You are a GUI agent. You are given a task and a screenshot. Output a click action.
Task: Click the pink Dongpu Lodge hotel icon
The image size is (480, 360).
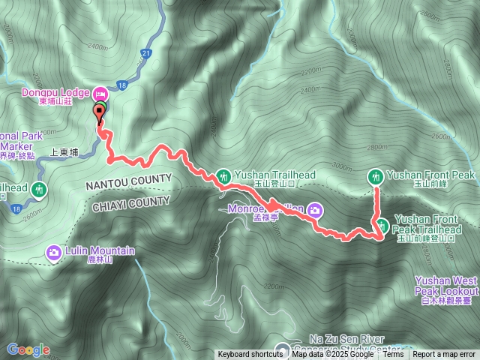[100, 94]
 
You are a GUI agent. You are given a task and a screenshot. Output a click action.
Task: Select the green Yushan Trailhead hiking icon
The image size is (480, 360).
[223, 176]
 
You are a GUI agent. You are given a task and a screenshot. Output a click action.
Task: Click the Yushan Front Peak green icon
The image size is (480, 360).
[376, 176]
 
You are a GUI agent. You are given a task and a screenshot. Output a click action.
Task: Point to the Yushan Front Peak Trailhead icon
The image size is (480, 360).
[382, 224]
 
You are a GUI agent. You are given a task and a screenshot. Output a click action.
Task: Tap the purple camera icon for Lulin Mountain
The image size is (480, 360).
[54, 252]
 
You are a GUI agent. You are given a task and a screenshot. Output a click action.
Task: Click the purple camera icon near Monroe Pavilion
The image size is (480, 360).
[314, 210]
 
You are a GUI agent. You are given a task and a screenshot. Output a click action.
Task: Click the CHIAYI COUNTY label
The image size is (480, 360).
[130, 204]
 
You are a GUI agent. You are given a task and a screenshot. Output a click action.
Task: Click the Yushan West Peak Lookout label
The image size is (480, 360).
[446, 285]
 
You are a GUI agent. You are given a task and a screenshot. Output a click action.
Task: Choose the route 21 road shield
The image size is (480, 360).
[145, 53]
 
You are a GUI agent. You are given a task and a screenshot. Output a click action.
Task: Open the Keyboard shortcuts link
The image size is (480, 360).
[250, 354]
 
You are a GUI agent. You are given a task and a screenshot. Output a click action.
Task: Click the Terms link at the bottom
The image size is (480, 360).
[394, 354]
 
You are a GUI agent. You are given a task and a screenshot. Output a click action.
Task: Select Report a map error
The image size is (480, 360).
[444, 354]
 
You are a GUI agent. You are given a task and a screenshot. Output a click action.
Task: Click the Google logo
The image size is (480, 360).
[28, 349]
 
